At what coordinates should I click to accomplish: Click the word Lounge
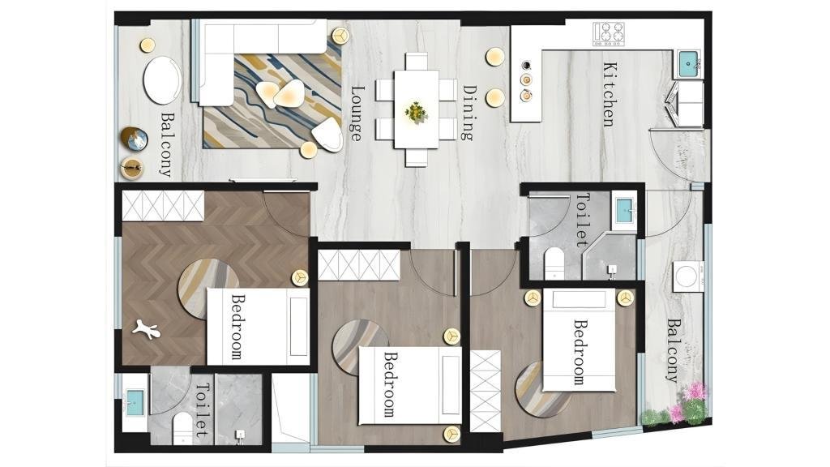click(357, 114)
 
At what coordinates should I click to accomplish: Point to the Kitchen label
click(610, 94)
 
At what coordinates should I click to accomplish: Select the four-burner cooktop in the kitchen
click(608, 33)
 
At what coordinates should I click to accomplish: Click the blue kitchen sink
click(688, 64)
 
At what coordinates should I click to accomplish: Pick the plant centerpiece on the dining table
click(416, 112)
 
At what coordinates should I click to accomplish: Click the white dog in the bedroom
click(146, 329)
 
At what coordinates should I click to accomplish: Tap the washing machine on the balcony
click(688, 276)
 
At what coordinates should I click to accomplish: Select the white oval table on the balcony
click(162, 80)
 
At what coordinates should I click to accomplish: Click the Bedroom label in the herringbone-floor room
click(238, 327)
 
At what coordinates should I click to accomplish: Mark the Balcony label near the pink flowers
click(672, 350)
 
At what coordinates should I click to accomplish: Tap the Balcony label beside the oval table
click(167, 144)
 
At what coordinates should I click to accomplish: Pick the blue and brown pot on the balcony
click(134, 139)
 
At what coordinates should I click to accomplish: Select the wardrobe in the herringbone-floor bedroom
click(163, 206)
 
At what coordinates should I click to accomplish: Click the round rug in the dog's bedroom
click(207, 289)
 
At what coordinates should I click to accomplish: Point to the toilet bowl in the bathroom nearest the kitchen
click(554, 263)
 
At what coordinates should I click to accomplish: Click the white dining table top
click(417, 109)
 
